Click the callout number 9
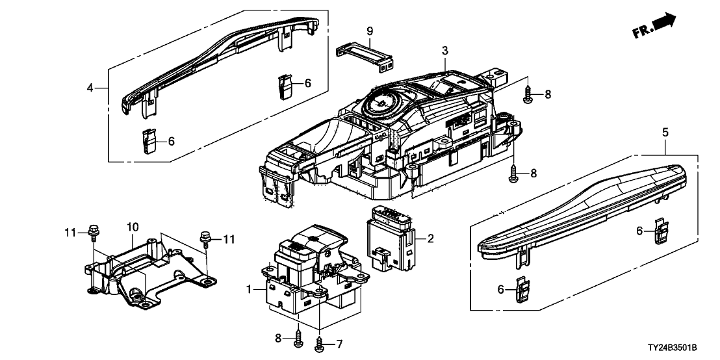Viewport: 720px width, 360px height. (369, 31)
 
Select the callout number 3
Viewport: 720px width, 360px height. (445, 50)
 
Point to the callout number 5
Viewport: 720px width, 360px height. (665, 133)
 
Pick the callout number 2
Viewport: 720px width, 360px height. (430, 239)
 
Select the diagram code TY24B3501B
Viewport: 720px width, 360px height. (680, 351)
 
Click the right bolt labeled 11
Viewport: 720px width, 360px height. (206, 239)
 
